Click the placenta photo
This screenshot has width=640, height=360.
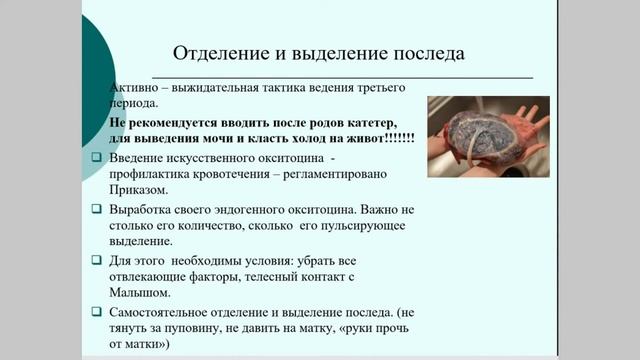pyautogui.click(x=487, y=136)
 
